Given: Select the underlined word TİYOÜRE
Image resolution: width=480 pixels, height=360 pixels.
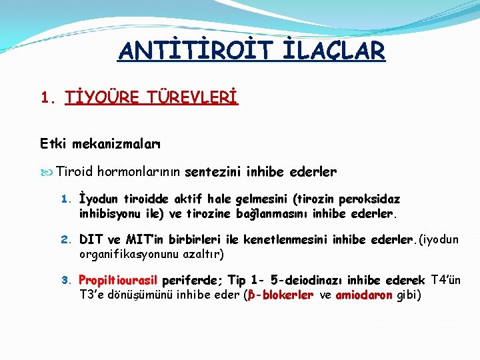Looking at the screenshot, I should click(x=102, y=99).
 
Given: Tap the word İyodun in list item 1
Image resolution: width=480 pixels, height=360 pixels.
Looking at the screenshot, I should click(x=98, y=199).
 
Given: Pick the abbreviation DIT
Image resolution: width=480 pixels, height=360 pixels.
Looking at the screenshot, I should click(x=91, y=239).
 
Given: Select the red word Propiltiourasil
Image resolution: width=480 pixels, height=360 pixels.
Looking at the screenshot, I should click(x=118, y=280).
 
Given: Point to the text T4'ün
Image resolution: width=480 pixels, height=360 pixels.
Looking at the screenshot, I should click(x=446, y=280).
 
